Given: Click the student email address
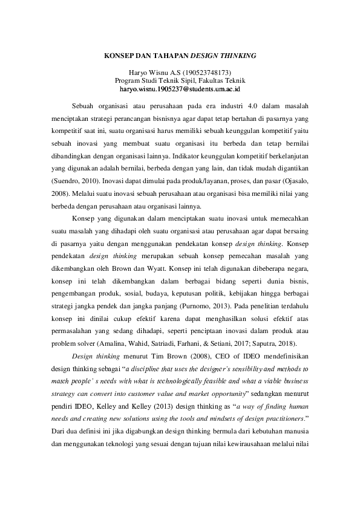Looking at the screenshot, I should [x=180, y=89].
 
